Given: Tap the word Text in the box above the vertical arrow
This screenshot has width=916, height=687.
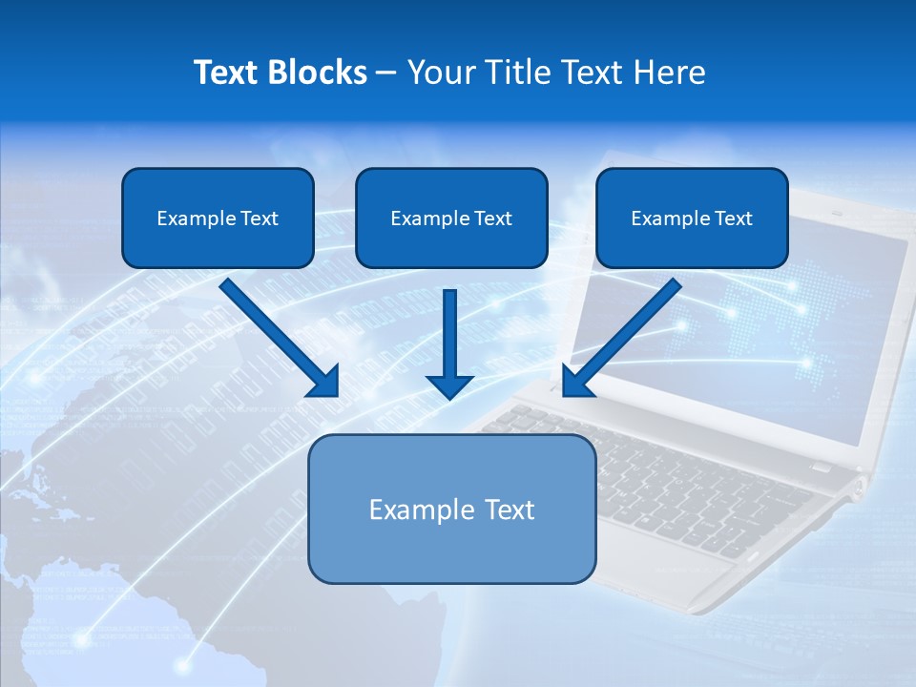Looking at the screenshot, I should [491, 219].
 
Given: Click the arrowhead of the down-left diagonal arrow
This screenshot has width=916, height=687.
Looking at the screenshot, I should [576, 382].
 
